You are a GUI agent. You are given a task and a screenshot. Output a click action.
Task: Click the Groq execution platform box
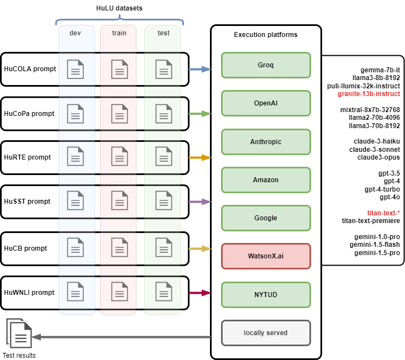point(266,65)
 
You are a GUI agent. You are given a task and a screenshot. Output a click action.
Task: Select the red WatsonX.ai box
point(266,256)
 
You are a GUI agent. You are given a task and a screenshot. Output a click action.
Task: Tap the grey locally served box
point(266,333)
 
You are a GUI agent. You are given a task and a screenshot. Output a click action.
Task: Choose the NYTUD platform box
point(266,295)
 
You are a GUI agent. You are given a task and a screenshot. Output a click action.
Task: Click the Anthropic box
point(266,142)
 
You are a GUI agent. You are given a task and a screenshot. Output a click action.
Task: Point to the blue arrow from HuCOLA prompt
point(199,70)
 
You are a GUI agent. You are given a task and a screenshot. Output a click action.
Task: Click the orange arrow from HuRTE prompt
point(199,158)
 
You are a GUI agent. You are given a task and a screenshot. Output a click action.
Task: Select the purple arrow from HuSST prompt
point(199,202)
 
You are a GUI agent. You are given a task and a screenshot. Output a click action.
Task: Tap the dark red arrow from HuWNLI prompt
point(199,293)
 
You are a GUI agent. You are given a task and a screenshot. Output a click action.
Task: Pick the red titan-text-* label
point(383,213)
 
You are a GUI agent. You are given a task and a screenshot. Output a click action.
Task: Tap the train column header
point(119,33)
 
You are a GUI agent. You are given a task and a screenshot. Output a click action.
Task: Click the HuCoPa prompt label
point(29,114)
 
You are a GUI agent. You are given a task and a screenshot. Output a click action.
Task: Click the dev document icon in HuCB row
point(75,248)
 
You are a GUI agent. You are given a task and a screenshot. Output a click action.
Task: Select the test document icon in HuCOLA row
point(163,69)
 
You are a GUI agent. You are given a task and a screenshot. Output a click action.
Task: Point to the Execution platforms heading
point(266,35)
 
